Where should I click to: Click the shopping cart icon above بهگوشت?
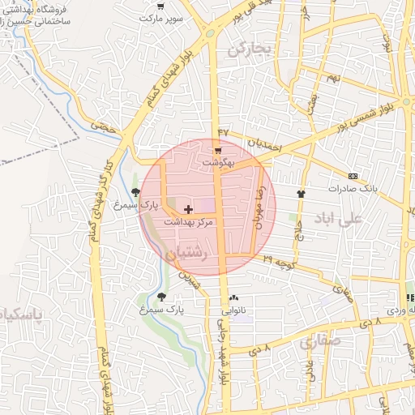tap(218, 152)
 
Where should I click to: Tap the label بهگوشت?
tap(218, 162)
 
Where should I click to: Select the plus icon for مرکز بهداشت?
tap(189, 209)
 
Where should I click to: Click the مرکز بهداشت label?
tap(188, 220)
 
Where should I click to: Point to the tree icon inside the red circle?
tap(147, 192)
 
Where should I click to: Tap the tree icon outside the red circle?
tap(161, 297)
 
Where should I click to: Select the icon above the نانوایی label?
tap(234, 298)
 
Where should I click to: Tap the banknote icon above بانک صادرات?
tap(353, 176)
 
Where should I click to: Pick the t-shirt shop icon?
tap(302, 194)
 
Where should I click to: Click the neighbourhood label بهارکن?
tap(247, 50)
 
